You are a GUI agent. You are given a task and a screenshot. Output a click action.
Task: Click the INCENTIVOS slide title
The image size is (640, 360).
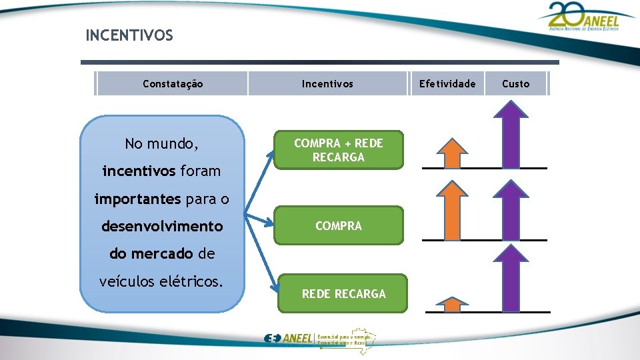129,35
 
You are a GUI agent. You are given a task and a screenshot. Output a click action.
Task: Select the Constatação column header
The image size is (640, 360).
173,84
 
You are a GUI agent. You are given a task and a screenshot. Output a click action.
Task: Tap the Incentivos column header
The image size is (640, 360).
327,84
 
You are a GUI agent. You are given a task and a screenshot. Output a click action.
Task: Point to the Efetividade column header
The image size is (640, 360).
447,84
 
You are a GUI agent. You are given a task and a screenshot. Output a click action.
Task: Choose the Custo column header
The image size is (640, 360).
515,84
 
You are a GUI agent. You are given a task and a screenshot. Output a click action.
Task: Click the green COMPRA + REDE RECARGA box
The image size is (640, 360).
339,150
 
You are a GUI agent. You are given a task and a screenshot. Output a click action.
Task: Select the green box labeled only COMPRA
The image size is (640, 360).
339,226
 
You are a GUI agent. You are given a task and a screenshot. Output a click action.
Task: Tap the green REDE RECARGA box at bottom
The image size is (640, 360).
343,294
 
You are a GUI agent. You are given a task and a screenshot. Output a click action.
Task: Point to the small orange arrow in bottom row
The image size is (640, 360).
453,305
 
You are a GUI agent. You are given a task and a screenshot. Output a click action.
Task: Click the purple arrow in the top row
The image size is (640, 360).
512,135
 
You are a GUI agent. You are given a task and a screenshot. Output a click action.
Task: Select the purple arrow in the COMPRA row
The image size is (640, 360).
512,210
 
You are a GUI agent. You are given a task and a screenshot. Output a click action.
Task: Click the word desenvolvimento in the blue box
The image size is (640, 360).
162,227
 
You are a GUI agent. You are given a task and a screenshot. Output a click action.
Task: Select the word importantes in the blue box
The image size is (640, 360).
137,199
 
